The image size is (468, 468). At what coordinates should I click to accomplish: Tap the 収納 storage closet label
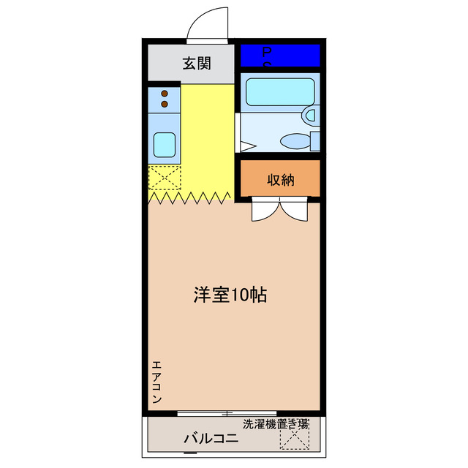[280, 180]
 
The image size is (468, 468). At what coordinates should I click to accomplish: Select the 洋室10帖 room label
[229, 295]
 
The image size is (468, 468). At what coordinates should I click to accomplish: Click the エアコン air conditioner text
[156, 382]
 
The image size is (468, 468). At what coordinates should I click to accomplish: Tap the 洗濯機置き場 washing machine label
[276, 423]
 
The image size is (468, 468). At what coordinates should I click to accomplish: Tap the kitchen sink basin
[165, 144]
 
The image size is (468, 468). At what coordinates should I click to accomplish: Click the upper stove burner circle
[165, 94]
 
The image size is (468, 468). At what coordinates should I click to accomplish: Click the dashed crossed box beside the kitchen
[164, 178]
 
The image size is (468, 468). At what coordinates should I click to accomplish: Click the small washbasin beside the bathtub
[311, 115]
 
